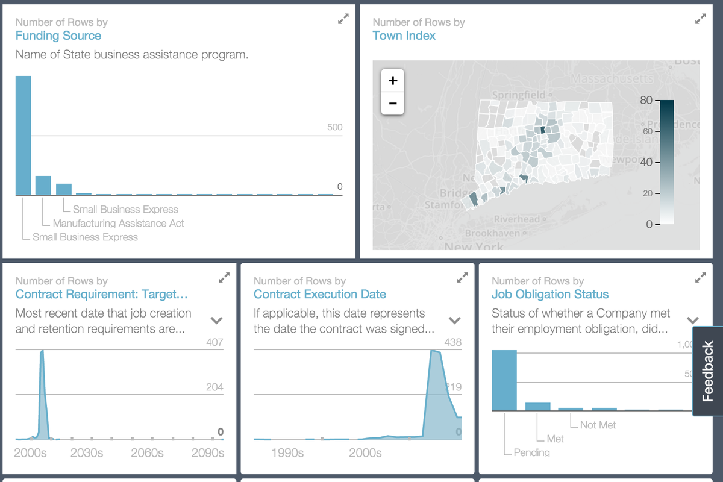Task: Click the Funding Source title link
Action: pos(58,36)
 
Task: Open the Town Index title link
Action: pos(404,36)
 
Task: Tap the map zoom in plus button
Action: pos(393,80)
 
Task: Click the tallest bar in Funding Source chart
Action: pos(23,136)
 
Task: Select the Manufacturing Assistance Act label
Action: pos(118,224)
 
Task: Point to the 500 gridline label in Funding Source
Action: pos(334,127)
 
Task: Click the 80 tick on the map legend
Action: pos(646,100)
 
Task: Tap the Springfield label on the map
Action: pos(519,95)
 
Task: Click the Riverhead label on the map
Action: pos(517,219)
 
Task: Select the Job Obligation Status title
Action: pos(549,295)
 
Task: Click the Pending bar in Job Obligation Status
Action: pos(504,380)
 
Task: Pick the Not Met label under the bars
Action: pos(598,425)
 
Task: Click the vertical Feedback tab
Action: pos(708,371)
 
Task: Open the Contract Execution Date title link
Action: pos(319,295)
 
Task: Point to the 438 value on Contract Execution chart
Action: pos(452,342)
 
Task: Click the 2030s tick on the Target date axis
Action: pos(87,452)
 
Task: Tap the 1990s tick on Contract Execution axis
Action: pos(287,452)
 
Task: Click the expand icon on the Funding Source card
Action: pos(343,19)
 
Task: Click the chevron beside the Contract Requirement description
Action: pos(216,321)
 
